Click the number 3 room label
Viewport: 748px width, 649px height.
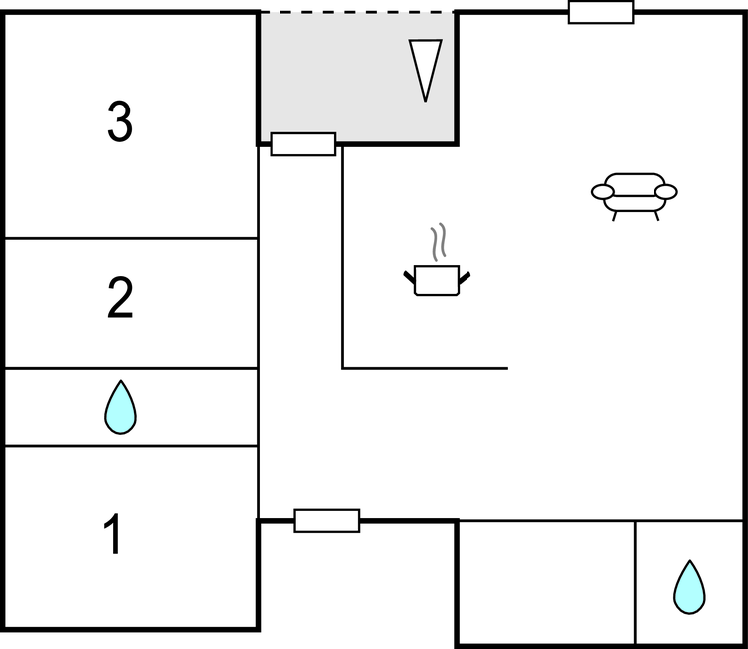[119, 122]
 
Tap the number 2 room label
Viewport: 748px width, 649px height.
[120, 299]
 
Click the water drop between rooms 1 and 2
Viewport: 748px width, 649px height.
[120, 408]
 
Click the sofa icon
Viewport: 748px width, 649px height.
[634, 192]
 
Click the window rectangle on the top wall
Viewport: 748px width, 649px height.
[601, 12]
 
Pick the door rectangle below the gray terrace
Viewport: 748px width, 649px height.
[303, 144]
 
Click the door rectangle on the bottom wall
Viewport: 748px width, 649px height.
[327, 520]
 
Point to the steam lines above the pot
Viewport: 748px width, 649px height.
[438, 242]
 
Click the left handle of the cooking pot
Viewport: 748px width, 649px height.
[409, 273]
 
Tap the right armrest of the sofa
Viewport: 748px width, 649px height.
[666, 191]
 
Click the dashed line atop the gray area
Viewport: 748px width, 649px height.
[358, 12]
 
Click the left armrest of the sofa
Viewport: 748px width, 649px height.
[601, 191]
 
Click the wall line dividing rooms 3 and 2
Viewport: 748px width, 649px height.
[130, 238]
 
